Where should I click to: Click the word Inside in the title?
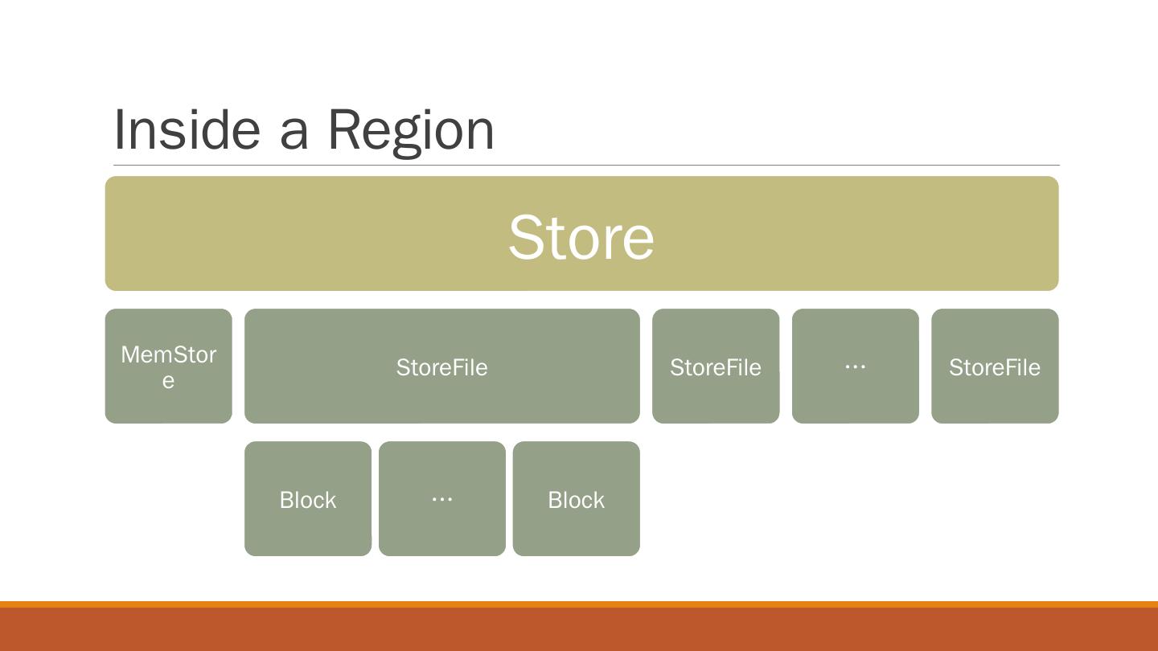(187, 129)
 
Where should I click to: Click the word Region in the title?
(410, 129)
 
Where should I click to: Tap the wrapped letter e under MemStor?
(168, 380)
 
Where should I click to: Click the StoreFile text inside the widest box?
(441, 367)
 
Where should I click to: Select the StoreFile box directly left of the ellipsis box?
(715, 366)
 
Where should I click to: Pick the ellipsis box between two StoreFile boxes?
(855, 366)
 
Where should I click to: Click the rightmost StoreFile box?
(995, 366)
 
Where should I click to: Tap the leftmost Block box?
(308, 499)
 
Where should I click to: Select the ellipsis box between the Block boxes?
(441, 499)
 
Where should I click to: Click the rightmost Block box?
(576, 499)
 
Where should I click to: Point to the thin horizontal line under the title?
(724, 166)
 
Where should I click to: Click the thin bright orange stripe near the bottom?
(579, 604)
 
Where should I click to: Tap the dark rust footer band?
(579, 630)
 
